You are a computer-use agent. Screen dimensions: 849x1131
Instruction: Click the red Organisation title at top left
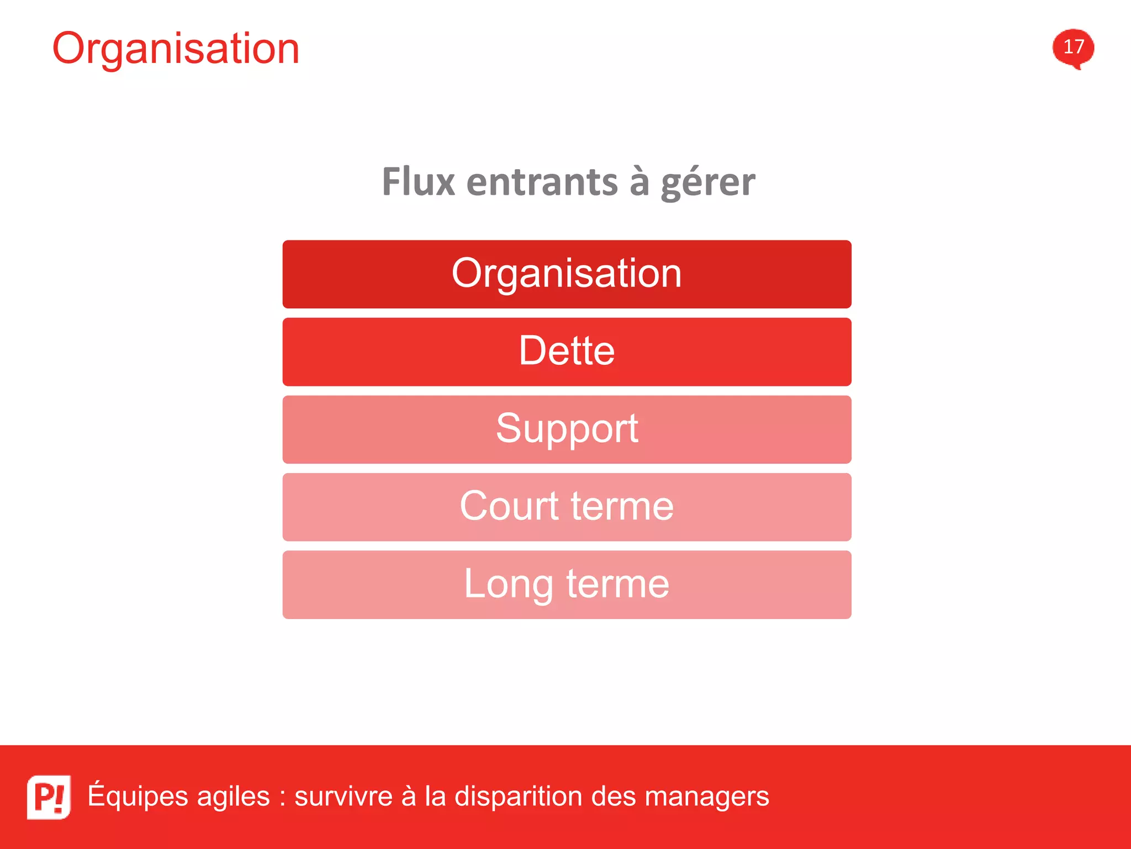(x=176, y=49)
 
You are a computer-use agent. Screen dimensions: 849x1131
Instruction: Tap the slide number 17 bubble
(x=1073, y=48)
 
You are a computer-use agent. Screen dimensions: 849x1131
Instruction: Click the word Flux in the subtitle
(x=418, y=182)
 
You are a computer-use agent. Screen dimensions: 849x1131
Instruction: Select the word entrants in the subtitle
(x=542, y=182)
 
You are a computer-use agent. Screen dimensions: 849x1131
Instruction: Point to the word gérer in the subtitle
(x=707, y=183)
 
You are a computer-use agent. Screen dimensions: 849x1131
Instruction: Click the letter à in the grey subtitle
(x=639, y=182)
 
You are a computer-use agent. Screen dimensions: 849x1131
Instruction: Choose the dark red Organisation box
(x=567, y=274)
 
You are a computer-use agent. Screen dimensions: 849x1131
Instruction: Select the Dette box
(x=567, y=352)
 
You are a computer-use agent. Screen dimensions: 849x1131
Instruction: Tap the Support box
(x=567, y=429)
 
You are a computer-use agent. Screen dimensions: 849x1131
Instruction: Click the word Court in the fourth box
(x=509, y=506)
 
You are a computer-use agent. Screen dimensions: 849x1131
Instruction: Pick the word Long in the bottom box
(x=508, y=585)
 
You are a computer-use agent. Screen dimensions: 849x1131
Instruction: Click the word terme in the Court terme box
(x=622, y=506)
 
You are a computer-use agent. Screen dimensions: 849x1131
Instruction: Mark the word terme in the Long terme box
(x=617, y=584)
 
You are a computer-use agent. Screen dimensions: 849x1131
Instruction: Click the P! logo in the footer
(x=49, y=796)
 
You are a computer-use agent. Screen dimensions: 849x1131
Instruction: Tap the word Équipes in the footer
(x=138, y=796)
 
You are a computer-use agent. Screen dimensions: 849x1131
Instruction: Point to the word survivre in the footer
(x=343, y=796)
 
